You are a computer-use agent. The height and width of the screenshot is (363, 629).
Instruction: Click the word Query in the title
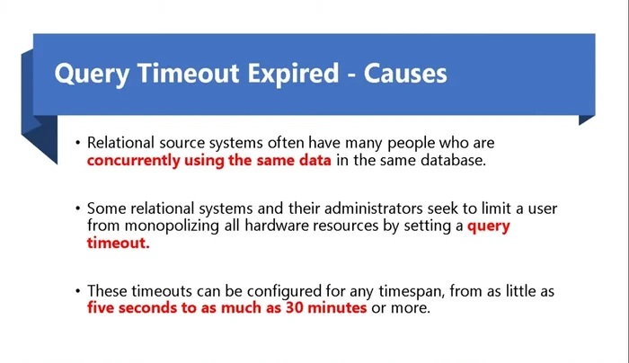[x=88, y=74]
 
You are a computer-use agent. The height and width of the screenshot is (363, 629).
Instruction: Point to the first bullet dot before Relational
[x=77, y=144]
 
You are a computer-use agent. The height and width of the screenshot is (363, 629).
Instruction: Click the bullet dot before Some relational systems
[x=77, y=209]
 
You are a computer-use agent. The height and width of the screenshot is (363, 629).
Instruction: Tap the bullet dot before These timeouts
[x=77, y=291]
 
